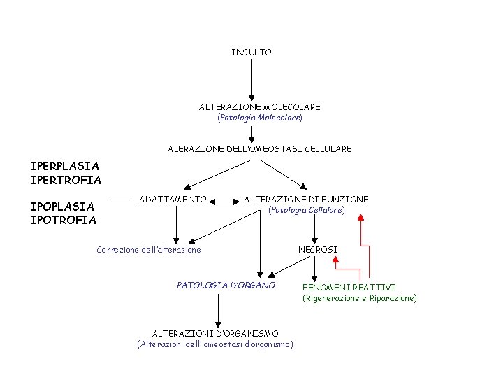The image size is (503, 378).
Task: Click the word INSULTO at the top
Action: point(251,52)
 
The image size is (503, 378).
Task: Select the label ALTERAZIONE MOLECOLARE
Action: point(260,107)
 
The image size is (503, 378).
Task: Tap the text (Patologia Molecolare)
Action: point(260,118)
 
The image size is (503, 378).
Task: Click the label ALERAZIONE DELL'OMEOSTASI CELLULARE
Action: point(260,149)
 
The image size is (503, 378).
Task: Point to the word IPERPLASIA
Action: point(64,167)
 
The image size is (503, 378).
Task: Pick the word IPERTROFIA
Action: point(66,181)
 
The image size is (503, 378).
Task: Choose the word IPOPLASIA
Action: point(62,206)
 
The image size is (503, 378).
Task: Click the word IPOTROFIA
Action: point(63,220)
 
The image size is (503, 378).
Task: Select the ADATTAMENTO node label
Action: point(173,199)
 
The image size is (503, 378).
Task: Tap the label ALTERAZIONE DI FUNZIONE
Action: point(306,199)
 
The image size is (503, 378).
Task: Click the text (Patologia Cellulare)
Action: point(307,210)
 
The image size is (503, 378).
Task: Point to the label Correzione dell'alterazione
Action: point(149,250)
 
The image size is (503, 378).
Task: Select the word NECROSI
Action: point(318,250)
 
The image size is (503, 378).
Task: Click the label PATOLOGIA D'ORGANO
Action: point(226,286)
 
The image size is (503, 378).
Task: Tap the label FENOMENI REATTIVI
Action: point(349,288)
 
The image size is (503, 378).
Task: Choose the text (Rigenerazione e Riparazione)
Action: point(359,298)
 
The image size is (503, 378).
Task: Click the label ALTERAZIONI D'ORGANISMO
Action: point(215,334)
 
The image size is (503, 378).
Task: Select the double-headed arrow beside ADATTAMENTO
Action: point(225,201)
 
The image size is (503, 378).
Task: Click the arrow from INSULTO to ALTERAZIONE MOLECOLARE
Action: point(251,78)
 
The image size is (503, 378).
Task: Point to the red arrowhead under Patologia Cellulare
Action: point(360,218)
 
